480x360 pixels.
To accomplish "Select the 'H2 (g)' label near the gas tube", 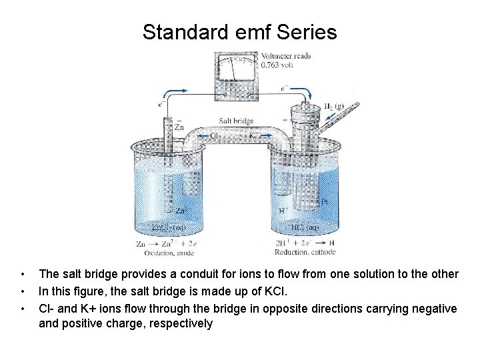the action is point(334,106).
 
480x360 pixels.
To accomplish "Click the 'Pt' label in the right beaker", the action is point(324,201).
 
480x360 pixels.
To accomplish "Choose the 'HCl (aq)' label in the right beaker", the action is point(305,227).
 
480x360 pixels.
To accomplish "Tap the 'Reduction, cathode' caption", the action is point(305,253).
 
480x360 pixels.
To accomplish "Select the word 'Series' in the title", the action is point(307,32).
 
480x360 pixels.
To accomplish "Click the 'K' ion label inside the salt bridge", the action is point(253,135).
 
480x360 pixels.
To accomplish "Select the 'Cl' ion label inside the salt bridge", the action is point(215,135).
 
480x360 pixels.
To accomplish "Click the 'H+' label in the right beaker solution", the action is point(283,210).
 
